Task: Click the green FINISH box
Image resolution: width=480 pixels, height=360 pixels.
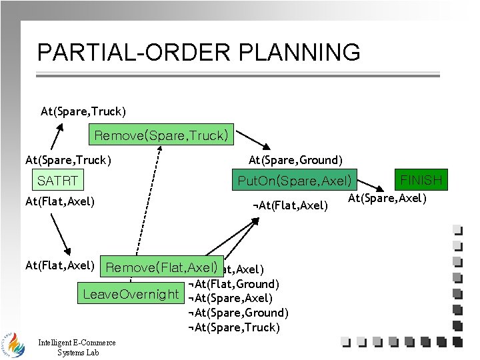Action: click(421, 180)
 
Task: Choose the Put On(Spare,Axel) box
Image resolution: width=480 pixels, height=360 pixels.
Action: click(295, 180)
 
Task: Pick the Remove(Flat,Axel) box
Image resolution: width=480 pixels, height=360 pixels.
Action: click(162, 267)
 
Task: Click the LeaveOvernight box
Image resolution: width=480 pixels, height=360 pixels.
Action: click(131, 294)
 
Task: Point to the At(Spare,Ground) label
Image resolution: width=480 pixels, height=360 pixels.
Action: click(295, 160)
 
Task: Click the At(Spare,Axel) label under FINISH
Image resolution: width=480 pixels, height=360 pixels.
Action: click(387, 198)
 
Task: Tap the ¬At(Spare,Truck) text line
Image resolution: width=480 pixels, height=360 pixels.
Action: click(234, 327)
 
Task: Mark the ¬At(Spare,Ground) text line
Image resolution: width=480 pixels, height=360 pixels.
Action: click(238, 313)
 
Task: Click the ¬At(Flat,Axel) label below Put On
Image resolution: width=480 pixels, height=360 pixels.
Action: click(291, 205)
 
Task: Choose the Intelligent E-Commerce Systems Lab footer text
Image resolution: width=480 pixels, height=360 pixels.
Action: click(77, 347)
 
